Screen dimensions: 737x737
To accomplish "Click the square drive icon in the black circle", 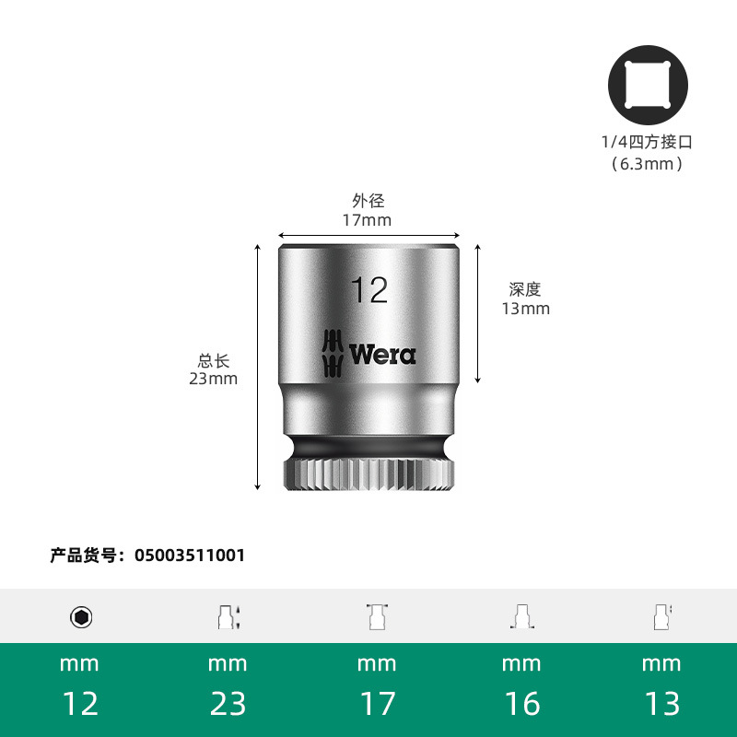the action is [648, 85].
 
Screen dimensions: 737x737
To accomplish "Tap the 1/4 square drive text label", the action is [648, 142].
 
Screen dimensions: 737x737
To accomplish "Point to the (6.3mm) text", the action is [648, 164].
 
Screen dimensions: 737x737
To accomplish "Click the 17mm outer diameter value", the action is [367, 220].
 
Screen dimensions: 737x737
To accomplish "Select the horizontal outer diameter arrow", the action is [368, 236].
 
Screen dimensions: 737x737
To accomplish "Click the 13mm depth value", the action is [525, 309].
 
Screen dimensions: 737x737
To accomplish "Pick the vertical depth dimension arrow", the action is [477, 313].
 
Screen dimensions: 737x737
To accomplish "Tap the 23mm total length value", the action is [214, 379].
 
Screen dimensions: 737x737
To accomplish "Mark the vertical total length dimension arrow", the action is [257, 367].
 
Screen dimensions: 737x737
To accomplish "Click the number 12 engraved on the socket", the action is [369, 290].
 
